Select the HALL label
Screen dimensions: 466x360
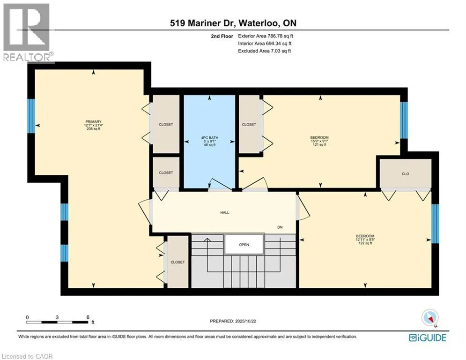tap(225, 212)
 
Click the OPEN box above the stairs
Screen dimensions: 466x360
tap(244, 245)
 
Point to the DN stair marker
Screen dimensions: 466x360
tap(280, 227)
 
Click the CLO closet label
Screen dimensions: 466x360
tap(406, 174)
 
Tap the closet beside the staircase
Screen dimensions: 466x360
tap(178, 262)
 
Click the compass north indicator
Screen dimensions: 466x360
tap(430, 318)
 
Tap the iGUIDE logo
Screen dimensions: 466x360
tap(428, 337)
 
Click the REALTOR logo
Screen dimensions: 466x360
tap(27, 32)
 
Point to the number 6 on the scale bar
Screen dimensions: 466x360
tap(88, 317)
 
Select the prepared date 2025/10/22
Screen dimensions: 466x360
tap(245, 321)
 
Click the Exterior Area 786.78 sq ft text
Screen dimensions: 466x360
tap(266, 36)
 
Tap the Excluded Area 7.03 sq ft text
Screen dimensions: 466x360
tap(265, 51)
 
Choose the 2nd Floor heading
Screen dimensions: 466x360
tap(222, 36)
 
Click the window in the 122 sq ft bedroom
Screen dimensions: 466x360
tap(435, 224)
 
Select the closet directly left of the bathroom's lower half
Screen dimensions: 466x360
tap(166, 172)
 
